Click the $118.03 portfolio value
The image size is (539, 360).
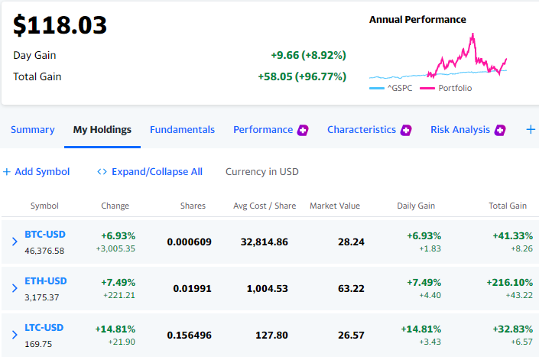point(60,25)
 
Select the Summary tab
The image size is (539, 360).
point(33,129)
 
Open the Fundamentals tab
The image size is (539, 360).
point(182,129)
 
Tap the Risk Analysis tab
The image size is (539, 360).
point(460,129)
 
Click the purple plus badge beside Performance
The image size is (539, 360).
point(303,130)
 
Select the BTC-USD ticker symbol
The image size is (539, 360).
point(45,235)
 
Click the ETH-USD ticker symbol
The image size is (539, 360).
point(46,281)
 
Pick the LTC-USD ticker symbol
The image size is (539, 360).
point(44,328)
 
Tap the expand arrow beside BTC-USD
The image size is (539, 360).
point(15,242)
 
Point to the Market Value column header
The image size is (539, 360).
point(335,206)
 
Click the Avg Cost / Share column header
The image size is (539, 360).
point(265,206)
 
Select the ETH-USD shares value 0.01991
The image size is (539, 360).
point(192,289)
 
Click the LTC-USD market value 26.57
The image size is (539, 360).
point(351,336)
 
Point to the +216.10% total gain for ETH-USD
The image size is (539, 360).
point(509,282)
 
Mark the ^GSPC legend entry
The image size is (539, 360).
point(391,89)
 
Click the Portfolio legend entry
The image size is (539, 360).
point(446,89)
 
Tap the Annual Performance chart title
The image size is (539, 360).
point(417,20)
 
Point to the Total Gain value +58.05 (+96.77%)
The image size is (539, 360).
point(302,76)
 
